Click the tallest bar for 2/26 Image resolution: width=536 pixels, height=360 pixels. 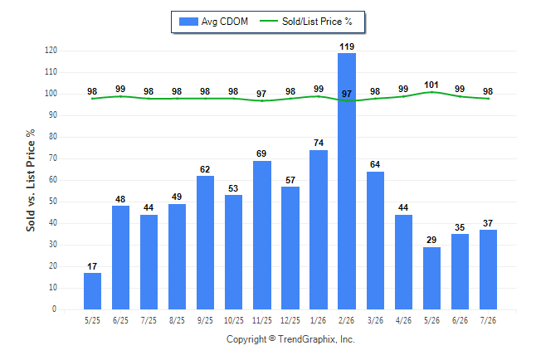(347, 181)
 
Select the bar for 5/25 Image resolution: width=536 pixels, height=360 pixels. (92, 291)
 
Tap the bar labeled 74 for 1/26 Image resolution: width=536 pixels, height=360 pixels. (319, 230)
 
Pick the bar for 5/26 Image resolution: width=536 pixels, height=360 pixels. (431, 278)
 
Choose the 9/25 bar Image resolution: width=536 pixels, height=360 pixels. (205, 243)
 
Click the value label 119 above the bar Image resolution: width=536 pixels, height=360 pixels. (347, 46)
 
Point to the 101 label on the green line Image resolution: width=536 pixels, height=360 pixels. (431, 85)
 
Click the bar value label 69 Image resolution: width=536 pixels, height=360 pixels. (261, 153)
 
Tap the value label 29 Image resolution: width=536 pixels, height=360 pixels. (431, 240)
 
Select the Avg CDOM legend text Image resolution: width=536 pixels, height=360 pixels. (225, 22)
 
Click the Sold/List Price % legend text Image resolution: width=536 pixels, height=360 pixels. (317, 22)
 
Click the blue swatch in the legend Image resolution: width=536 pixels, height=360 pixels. (188, 22)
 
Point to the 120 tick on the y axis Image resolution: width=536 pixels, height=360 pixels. (51, 51)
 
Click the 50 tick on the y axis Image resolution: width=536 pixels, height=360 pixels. (52, 202)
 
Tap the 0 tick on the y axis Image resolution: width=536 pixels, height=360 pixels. (55, 309)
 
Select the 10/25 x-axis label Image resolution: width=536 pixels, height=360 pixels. (233, 321)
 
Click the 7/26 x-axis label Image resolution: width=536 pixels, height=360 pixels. (488, 321)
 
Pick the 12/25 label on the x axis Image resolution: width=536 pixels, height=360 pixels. (290, 321)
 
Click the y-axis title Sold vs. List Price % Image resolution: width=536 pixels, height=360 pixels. (31, 180)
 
